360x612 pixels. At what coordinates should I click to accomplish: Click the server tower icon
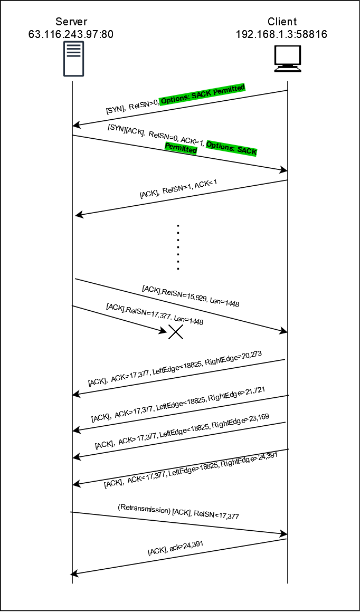tap(73, 59)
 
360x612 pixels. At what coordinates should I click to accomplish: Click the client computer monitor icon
tap(288, 59)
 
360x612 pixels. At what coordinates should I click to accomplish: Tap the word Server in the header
tap(71, 22)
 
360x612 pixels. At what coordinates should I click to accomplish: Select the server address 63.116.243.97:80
tap(71, 34)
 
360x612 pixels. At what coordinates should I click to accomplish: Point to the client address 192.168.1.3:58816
tap(281, 34)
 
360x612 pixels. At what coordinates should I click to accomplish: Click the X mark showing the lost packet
tap(176, 331)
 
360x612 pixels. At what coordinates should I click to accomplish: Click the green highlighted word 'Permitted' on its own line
tap(181, 149)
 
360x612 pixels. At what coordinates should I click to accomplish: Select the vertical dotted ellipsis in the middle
tap(178, 247)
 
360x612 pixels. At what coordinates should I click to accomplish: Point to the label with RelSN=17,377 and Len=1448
tap(155, 314)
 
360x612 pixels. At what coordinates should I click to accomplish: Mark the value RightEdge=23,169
tap(240, 422)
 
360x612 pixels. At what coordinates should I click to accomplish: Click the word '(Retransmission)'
tap(144, 509)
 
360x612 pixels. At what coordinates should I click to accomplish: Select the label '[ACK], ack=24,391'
tap(176, 549)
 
